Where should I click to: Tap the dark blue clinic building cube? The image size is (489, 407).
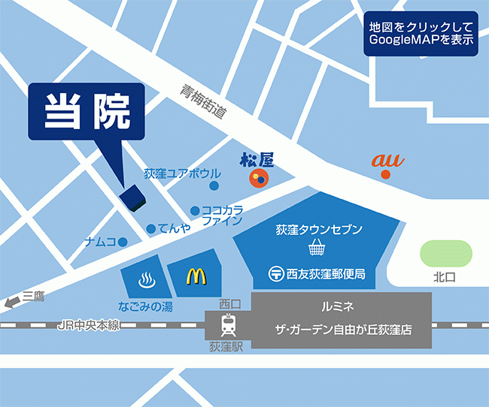point(133,197)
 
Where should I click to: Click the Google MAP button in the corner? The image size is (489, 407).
point(421,33)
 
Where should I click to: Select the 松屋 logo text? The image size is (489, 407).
point(257,159)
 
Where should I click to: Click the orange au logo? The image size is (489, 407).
point(385,160)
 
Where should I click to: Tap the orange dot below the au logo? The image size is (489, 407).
point(385,175)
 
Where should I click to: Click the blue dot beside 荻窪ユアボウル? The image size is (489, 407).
point(214,185)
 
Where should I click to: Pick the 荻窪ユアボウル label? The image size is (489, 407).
point(182,174)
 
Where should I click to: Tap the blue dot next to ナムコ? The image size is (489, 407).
point(123,241)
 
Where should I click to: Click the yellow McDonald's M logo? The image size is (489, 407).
point(196,276)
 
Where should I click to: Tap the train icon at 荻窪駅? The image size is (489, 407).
point(228,325)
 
